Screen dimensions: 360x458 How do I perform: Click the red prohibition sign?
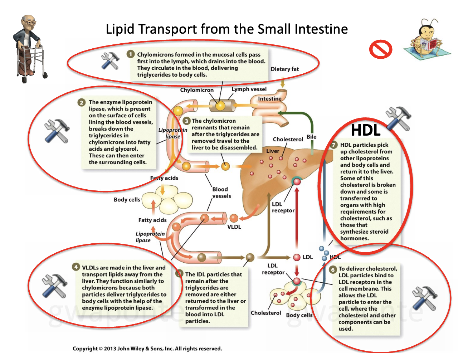click(381, 49)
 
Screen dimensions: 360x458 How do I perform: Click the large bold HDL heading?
click(365, 130)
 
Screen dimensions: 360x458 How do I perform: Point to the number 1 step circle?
click(131, 54)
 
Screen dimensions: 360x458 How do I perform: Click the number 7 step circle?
click(333, 145)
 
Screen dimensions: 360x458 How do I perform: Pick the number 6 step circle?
click(333, 269)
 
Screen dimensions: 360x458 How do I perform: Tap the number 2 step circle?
click(82, 102)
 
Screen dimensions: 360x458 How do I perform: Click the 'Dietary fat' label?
click(284, 69)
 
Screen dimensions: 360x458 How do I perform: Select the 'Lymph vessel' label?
click(249, 89)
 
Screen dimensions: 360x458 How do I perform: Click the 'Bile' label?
click(311, 137)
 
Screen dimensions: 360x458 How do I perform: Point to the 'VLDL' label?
click(234, 227)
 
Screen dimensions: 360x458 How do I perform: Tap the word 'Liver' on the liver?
click(272, 151)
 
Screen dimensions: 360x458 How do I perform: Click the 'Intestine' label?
click(269, 99)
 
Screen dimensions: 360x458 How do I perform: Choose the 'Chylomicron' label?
click(197, 90)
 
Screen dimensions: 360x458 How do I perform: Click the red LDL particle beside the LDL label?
click(297, 257)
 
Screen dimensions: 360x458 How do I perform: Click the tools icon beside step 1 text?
click(110, 61)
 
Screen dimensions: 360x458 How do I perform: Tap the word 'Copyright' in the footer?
click(85, 349)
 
